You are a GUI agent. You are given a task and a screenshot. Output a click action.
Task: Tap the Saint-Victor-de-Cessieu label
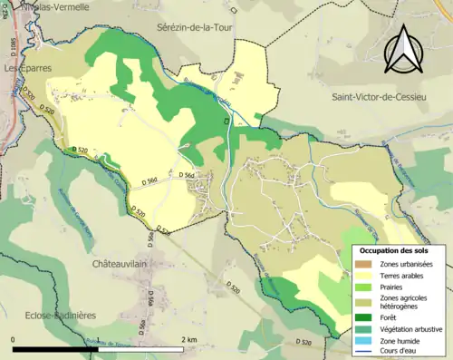pos(389,96)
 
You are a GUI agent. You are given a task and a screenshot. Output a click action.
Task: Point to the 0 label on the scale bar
pos(13,340)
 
